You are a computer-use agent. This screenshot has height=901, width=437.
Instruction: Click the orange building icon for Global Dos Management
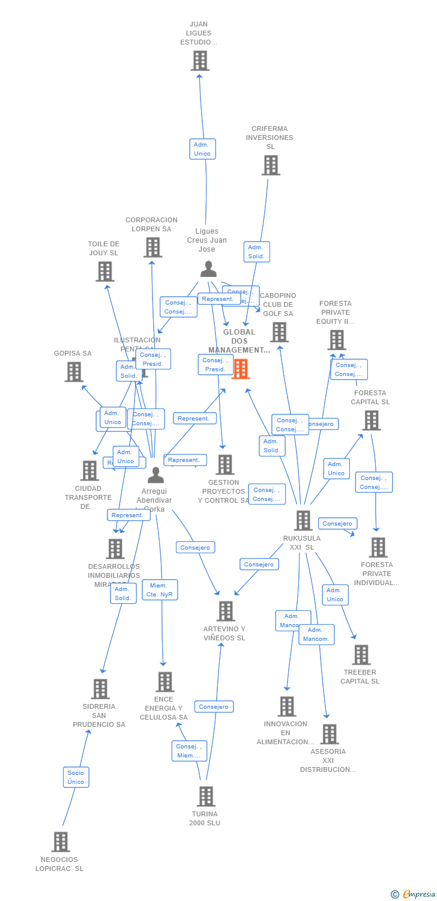(241, 369)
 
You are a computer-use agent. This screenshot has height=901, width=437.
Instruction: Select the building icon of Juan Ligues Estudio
(200, 61)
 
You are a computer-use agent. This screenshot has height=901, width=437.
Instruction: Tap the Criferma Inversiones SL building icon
(271, 165)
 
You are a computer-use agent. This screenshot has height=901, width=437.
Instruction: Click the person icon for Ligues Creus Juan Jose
(208, 268)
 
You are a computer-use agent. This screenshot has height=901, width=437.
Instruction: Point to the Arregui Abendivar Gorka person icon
(155, 475)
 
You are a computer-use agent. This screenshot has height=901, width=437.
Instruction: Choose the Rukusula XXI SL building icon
(303, 520)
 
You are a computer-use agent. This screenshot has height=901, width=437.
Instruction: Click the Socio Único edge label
(76, 777)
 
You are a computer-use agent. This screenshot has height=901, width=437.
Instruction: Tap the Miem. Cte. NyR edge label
(160, 590)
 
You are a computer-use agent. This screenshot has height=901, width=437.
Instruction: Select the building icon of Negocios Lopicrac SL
(61, 842)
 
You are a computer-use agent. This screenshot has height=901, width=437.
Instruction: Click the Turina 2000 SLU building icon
(206, 796)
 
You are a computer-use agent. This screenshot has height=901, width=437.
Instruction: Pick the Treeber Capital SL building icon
(361, 655)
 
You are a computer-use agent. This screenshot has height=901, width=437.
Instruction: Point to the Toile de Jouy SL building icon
(105, 272)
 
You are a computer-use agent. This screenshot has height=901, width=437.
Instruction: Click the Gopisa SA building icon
(74, 372)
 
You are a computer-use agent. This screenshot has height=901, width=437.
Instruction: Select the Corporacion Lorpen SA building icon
(152, 247)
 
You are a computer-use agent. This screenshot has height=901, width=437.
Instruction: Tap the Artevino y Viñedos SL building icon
(226, 611)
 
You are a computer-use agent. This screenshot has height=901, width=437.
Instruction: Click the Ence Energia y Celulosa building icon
(165, 682)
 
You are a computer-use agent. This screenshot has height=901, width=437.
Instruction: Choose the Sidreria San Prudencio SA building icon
(100, 689)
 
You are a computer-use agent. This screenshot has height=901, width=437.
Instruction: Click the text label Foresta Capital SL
(370, 398)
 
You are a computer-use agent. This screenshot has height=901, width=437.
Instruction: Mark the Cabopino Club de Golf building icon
(279, 332)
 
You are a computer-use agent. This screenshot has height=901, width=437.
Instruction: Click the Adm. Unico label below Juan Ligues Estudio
(202, 149)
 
